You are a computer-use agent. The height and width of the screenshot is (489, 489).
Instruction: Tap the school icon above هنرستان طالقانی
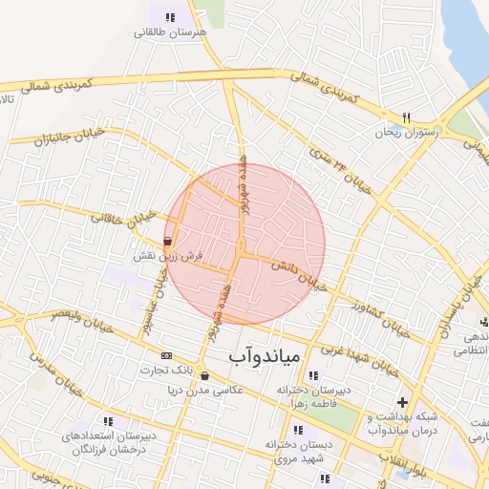[x=170, y=17]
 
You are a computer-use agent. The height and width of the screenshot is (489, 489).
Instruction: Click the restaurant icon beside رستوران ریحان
[x=406, y=117]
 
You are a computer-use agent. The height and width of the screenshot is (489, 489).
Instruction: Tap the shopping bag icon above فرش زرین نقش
[x=169, y=242]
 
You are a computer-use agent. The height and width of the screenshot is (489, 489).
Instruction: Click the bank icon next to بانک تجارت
[x=167, y=355]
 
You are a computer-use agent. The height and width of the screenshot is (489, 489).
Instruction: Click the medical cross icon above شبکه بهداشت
[x=402, y=402]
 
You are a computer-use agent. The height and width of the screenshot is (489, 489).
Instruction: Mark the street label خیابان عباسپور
[x=152, y=287]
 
